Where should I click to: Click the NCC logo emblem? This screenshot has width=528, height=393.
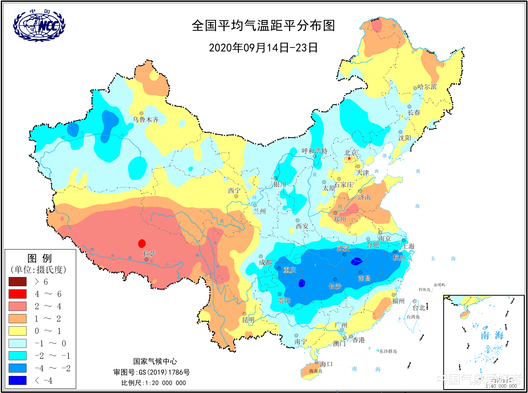pos(39,25)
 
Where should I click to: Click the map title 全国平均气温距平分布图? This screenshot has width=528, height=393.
pos(263,26)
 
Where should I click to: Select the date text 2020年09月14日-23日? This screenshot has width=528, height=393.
pos(263,48)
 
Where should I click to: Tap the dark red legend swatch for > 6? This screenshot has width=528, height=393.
pos(18,282)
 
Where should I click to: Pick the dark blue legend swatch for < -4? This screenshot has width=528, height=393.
pos(18,380)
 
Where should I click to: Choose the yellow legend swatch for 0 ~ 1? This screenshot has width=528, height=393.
pos(18,331)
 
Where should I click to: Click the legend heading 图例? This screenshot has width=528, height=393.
pos(40,258)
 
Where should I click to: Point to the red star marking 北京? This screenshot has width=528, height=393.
pos(349,158)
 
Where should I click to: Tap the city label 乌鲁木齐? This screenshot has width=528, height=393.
pos(146,120)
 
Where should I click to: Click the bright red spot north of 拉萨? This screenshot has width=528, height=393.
pos(142,243)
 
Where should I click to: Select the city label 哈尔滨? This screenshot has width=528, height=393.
pos(427,87)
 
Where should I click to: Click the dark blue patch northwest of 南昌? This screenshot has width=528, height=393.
pos(356,261)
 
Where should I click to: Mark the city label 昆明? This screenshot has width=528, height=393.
pos(248,320)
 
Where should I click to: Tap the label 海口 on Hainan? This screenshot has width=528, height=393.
pos(326,364)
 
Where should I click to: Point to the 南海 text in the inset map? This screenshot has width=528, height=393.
pos(492,335)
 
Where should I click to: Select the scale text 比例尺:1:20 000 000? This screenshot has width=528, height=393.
pos(154,383)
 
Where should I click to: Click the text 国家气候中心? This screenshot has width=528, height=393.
pos(155,362)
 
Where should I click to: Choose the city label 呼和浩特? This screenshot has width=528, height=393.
pos(314,151)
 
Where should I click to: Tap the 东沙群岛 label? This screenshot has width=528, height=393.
pos(388,351)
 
